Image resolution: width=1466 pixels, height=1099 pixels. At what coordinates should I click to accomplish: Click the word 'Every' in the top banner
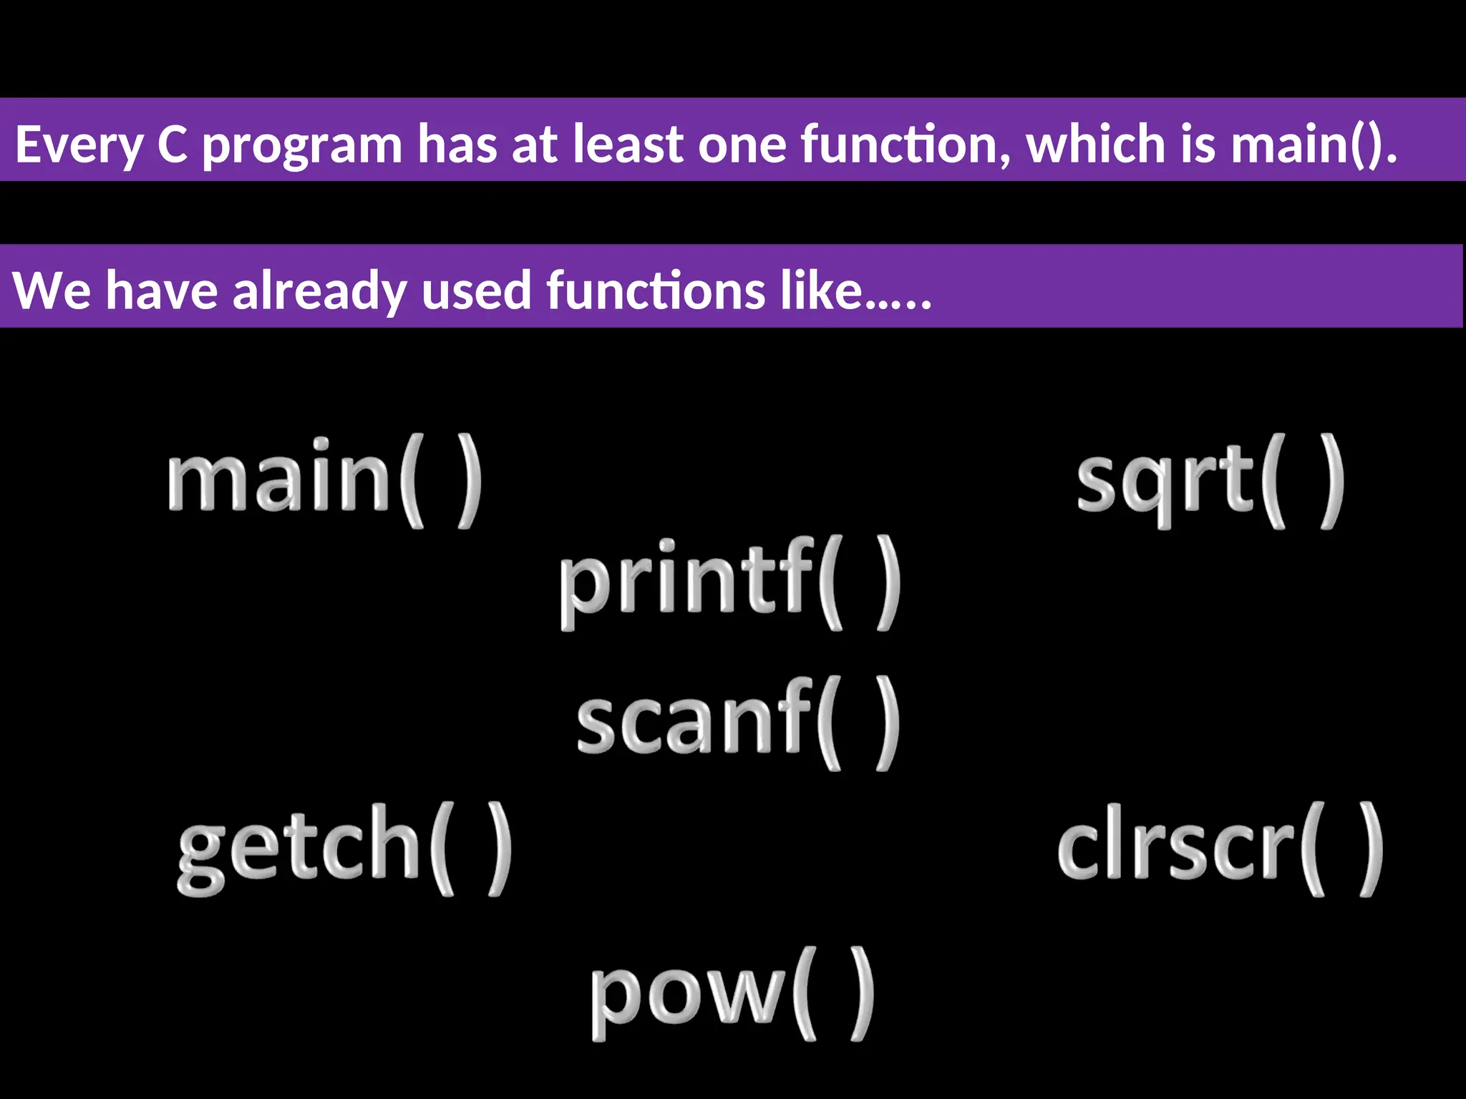[x=77, y=145]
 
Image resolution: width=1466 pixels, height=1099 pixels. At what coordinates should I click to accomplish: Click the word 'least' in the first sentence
[x=628, y=144]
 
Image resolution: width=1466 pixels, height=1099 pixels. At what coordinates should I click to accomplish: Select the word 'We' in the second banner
[x=52, y=290]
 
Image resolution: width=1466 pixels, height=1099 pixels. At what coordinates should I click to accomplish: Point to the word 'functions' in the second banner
[x=655, y=290]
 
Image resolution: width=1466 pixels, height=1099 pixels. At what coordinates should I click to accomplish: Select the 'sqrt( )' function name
[x=1210, y=480]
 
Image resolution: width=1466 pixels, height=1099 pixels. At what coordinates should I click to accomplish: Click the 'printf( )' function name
[x=729, y=583]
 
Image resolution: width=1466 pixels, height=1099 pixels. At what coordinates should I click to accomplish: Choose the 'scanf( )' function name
[x=738, y=723]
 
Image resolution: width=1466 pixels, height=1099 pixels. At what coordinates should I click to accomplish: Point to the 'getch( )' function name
[x=344, y=848]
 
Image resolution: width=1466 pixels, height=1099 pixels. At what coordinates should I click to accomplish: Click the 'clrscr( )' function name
[x=1220, y=849]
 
